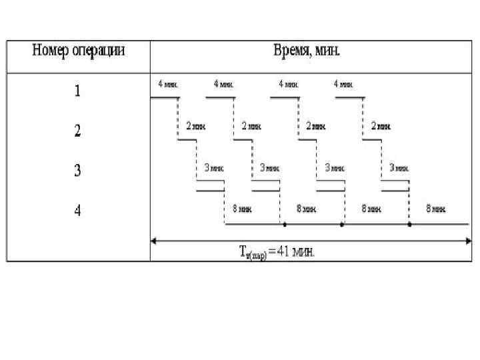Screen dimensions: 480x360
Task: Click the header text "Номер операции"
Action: (x=79, y=51)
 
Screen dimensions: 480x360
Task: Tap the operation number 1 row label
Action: (x=78, y=91)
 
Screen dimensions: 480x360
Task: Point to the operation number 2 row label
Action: (x=78, y=131)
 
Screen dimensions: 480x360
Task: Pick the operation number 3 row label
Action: (x=78, y=171)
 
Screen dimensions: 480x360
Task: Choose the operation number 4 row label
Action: (x=78, y=211)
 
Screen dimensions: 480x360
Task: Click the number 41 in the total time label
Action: (x=285, y=252)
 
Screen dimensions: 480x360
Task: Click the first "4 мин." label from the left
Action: (x=168, y=85)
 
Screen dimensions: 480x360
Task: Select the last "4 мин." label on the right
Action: (x=343, y=85)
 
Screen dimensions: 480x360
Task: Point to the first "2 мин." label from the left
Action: (x=195, y=125)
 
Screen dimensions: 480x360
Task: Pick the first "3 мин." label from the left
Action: (x=213, y=168)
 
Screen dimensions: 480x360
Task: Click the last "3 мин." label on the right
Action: (x=399, y=168)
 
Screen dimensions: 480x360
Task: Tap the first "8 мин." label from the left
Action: (x=242, y=209)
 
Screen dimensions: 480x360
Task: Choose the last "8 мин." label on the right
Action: (x=436, y=209)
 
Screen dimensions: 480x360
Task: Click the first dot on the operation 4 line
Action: (x=285, y=225)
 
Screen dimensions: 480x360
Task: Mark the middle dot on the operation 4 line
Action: (x=342, y=225)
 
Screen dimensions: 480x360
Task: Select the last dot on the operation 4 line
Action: (x=409, y=225)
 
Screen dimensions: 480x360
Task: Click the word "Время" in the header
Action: (x=291, y=51)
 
